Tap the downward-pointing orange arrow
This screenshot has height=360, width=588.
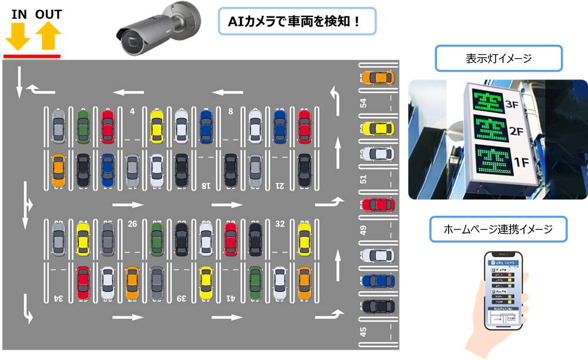pyautogui.click(x=18, y=36)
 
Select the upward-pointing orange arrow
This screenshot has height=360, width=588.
pyautogui.click(x=48, y=36)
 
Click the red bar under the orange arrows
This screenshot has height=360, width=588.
pyautogui.click(x=32, y=56)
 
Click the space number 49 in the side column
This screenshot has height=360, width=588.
pyautogui.click(x=363, y=230)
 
